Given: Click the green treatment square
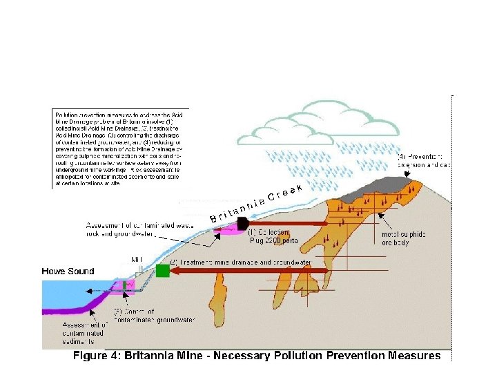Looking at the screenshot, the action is (163, 271).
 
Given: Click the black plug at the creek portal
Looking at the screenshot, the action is (242, 223).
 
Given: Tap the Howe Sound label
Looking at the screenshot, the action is (67, 271).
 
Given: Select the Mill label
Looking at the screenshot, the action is (137, 260).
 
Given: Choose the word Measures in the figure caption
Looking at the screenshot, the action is (411, 356).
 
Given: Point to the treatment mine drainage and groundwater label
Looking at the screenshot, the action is (242, 262).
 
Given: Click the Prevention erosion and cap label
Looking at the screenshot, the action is (425, 161).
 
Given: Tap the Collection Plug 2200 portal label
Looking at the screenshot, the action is (273, 236).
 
